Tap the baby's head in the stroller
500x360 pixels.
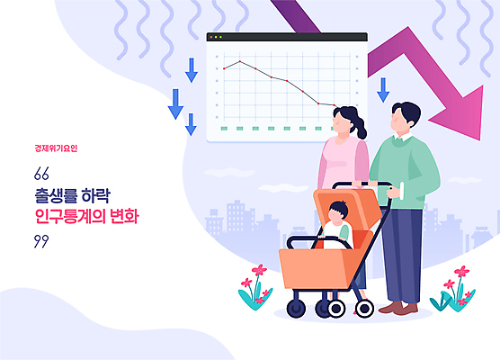pyautogui.click(x=337, y=212)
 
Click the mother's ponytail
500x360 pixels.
pyautogui.click(x=361, y=128)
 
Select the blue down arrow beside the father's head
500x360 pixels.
pyautogui.click(x=383, y=89)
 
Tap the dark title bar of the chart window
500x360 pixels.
pyautogui.click(x=287, y=38)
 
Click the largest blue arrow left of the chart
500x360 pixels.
pyautogui.click(x=175, y=103)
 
